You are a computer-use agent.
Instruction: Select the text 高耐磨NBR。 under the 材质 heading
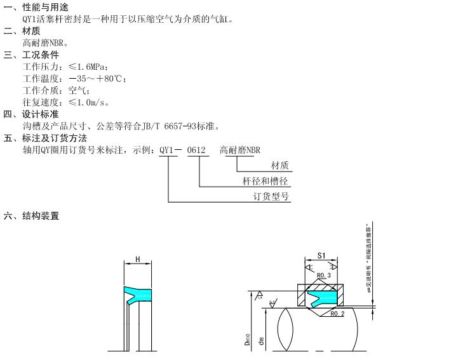pos(45,43)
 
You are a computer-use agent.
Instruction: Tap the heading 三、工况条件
pos(31,55)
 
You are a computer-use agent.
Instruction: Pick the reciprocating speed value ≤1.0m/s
pos(89,102)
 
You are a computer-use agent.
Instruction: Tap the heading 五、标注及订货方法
pos(45,138)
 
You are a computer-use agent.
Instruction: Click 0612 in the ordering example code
pos(198,150)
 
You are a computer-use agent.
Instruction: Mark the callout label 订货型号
pos(271,196)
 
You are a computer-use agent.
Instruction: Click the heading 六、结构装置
pos(32,216)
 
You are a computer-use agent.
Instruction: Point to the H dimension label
pos(137,260)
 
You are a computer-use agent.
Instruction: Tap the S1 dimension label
pos(321,256)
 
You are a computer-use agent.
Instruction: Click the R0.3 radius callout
pos(324,276)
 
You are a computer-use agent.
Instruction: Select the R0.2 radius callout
pos(337,313)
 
